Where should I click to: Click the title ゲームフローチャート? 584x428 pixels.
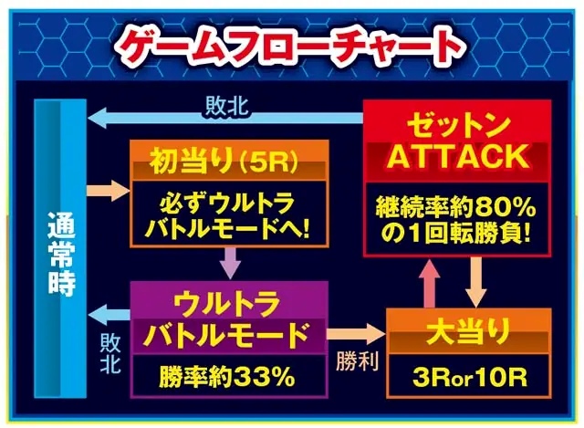click(x=291, y=47)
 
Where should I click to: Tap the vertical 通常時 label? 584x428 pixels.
click(x=61, y=254)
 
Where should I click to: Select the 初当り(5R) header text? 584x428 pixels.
click(x=224, y=161)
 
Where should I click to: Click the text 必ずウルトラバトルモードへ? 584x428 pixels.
click(x=227, y=217)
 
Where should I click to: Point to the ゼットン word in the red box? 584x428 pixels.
click(x=458, y=126)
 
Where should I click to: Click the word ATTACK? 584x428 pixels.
click(x=458, y=157)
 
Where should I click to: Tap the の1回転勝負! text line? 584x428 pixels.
click(x=456, y=235)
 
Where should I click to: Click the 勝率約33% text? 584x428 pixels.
click(x=227, y=377)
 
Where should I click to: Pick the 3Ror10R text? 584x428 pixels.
click(x=470, y=378)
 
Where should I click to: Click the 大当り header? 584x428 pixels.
click(x=468, y=332)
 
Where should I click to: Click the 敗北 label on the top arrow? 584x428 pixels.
click(x=227, y=106)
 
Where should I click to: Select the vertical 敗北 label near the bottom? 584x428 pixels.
click(x=110, y=353)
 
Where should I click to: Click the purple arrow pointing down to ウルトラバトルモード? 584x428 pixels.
click(x=230, y=263)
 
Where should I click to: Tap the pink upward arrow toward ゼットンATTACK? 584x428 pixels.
click(x=430, y=283)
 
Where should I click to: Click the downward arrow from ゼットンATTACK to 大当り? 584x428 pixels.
click(x=475, y=282)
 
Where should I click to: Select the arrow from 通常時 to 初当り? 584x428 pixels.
click(x=109, y=190)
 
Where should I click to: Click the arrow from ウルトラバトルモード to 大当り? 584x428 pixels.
click(x=356, y=333)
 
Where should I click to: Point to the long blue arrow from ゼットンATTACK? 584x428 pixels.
click(x=225, y=119)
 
